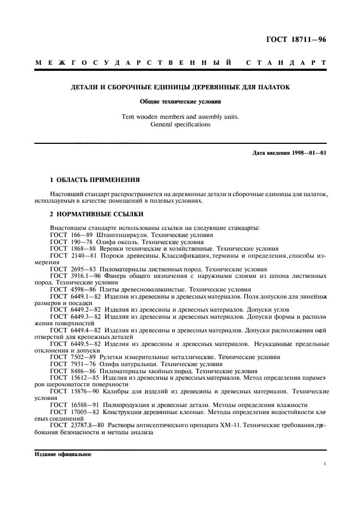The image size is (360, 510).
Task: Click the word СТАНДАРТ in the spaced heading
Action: pyautogui.click(x=286, y=63)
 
